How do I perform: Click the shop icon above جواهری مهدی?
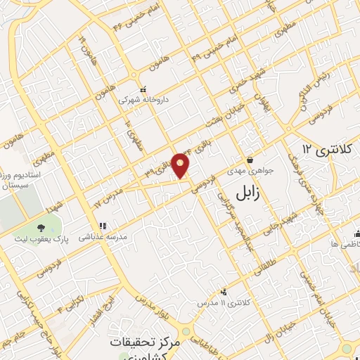250,160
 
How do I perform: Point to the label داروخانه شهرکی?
143,99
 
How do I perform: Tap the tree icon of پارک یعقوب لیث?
41,226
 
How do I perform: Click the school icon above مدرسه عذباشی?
102,226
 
